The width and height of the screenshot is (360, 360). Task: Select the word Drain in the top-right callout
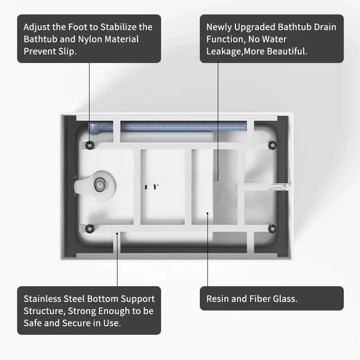[325, 27]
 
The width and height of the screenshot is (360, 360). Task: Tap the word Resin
[218, 299]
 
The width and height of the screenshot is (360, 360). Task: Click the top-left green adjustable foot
[90, 145]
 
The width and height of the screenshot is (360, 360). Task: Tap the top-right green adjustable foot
[273, 145]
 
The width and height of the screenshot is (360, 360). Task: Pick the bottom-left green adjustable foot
[90, 229]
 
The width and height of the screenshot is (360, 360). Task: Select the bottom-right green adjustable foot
[273, 229]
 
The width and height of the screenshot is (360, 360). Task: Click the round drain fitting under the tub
[99, 184]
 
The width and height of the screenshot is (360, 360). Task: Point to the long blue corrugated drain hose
[184, 126]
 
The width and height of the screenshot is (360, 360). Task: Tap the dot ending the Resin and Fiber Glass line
[207, 213]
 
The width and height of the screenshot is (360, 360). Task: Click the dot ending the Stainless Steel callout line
[117, 234]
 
